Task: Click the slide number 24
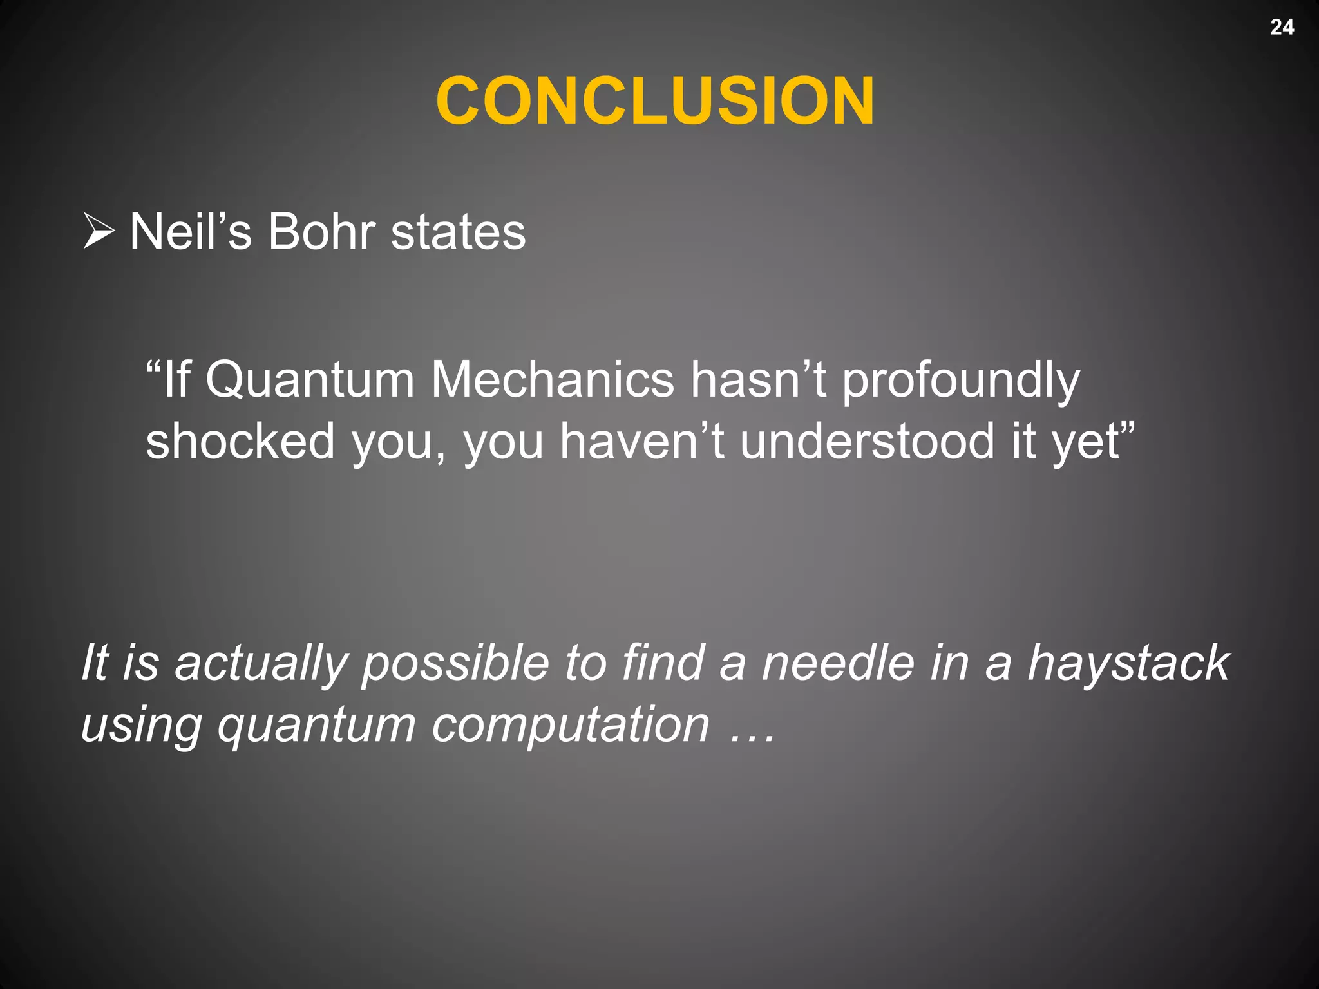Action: pyautogui.click(x=1282, y=27)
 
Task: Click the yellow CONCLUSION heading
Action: pyautogui.click(x=655, y=101)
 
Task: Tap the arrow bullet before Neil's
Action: pyautogui.click(x=99, y=232)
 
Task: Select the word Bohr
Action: pyautogui.click(x=321, y=232)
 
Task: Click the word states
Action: pyautogui.click(x=458, y=232)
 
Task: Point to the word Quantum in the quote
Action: pyautogui.click(x=310, y=380)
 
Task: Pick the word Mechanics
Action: pyautogui.click(x=553, y=380)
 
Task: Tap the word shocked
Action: pyautogui.click(x=240, y=442)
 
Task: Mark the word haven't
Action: pyautogui.click(x=641, y=442)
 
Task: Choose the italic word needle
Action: pyautogui.click(x=837, y=663)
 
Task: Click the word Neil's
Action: pyautogui.click(x=191, y=232)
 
